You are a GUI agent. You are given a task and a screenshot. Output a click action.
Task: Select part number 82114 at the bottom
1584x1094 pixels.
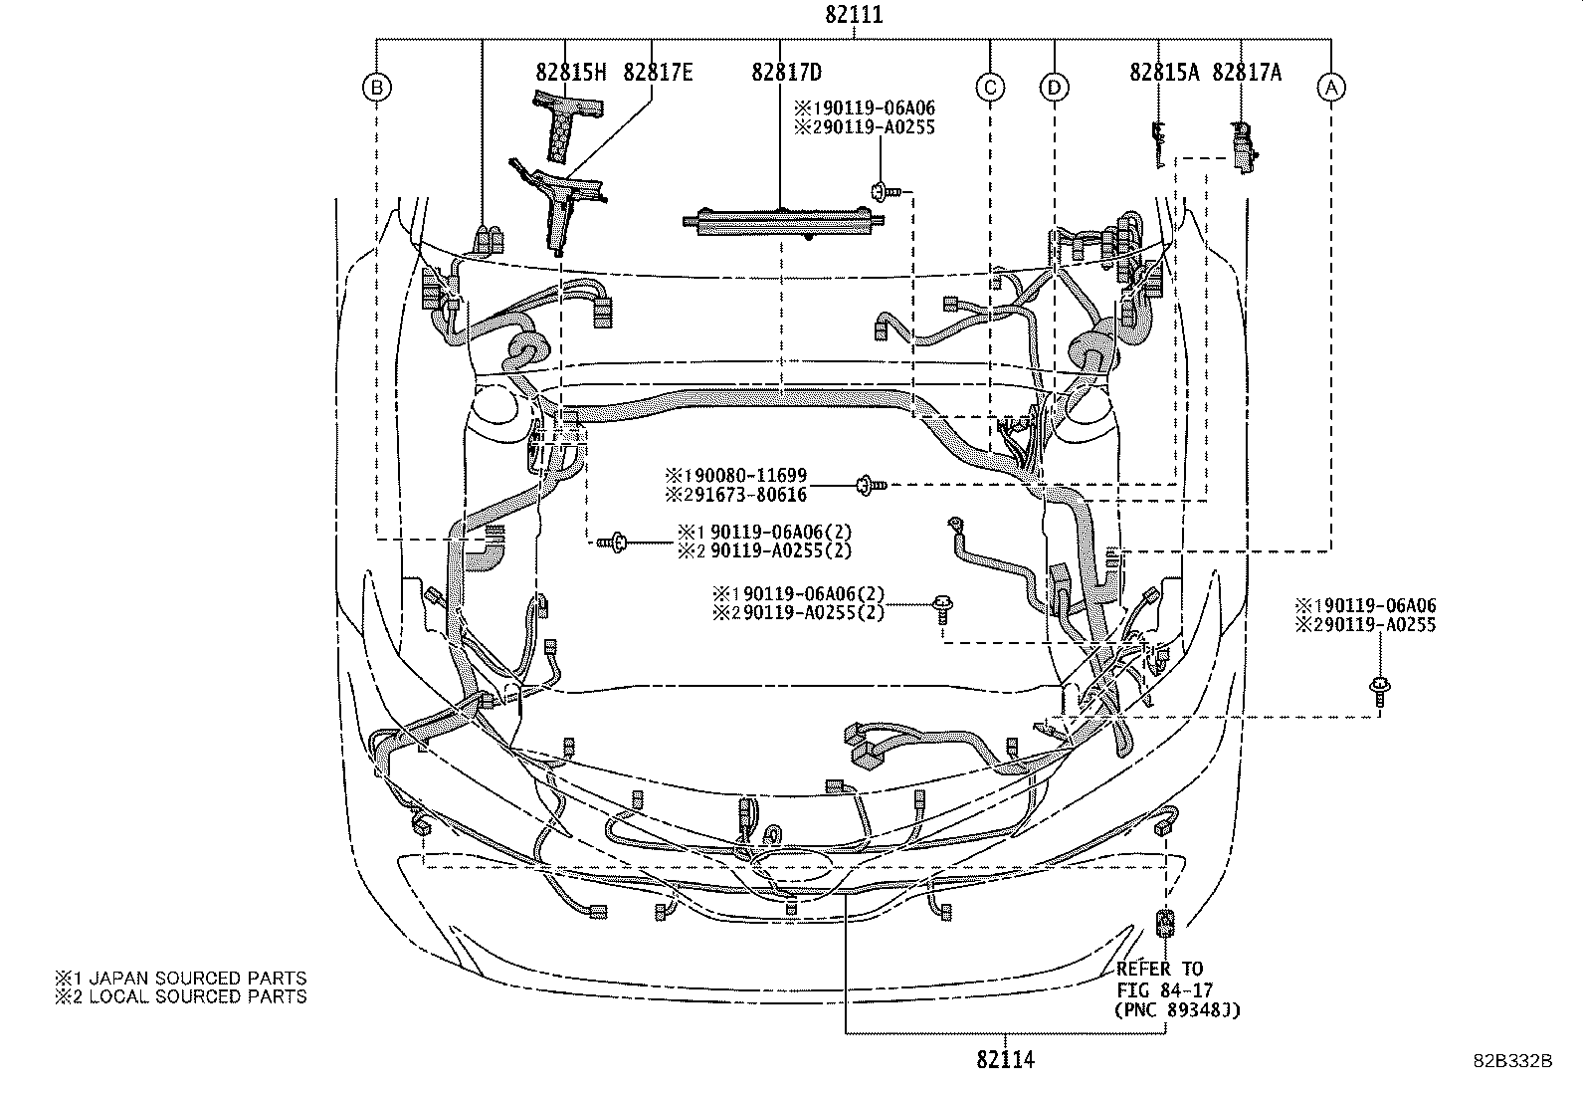pos(1005,1059)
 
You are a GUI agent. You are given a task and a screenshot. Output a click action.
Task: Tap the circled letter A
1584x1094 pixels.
pos(1331,88)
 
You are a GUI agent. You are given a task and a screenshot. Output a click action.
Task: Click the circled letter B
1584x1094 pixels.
pos(376,88)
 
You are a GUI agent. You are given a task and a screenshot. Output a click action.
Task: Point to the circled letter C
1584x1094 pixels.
pos(989,88)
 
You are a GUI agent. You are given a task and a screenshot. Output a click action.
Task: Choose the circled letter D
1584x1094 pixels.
pos(1054,88)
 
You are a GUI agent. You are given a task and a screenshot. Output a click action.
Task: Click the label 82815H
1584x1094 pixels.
pos(570,72)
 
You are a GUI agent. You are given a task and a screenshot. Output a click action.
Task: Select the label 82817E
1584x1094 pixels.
pos(658,72)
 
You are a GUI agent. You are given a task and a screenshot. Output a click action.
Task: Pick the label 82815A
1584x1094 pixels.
pos(1164,72)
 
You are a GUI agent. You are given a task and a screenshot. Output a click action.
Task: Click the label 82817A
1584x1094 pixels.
pos(1247,72)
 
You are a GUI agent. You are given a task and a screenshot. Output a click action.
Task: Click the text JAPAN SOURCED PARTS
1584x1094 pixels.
pos(196,979)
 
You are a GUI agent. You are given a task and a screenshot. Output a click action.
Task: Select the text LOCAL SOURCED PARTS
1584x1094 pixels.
pos(196,995)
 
